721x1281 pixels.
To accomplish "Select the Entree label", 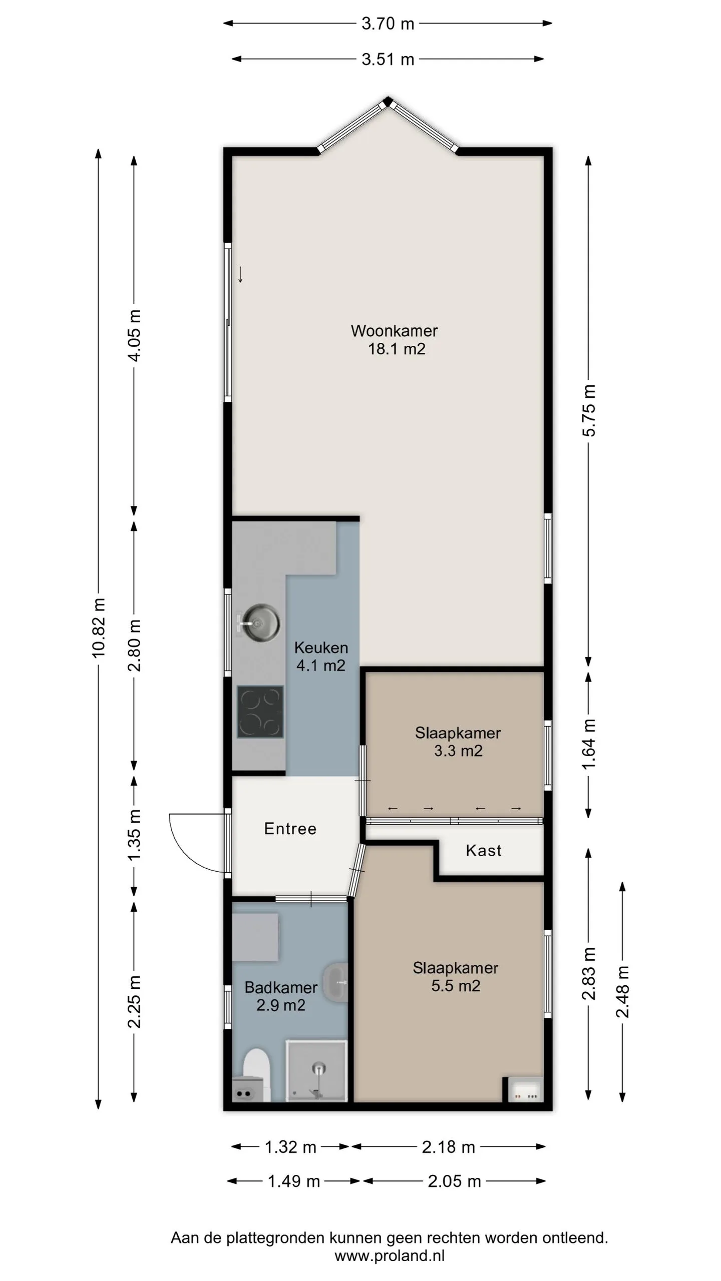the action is pyautogui.click(x=290, y=829).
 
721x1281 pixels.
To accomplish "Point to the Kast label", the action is pyautogui.click(x=484, y=850).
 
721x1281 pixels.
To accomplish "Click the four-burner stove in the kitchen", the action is pyautogui.click(x=260, y=712).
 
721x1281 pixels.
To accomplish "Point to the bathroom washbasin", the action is pyautogui.click(x=336, y=982).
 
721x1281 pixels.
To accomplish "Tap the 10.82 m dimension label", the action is pyautogui.click(x=99, y=627).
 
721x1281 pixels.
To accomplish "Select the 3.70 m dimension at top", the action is pyautogui.click(x=388, y=24).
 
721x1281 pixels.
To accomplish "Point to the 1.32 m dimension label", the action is pyautogui.click(x=290, y=1146).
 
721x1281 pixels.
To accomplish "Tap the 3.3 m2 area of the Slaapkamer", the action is pyautogui.click(x=458, y=751).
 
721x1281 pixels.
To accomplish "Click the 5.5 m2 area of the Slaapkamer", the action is pyautogui.click(x=456, y=986).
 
